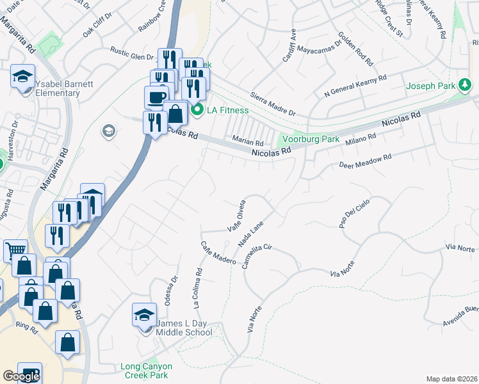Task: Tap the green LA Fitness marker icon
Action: (198, 110)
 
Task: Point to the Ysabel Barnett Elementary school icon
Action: (22, 77)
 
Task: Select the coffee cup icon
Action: (156, 97)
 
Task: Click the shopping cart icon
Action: (15, 250)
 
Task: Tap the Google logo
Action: (21, 376)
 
